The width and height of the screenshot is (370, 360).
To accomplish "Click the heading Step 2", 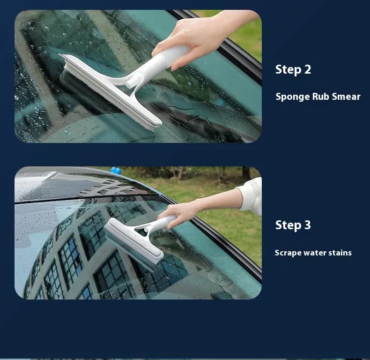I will click(293, 70).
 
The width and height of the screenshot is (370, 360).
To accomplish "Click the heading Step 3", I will click(293, 225).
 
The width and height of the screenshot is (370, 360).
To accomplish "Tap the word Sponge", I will click(292, 97).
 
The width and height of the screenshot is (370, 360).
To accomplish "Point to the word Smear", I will click(347, 97).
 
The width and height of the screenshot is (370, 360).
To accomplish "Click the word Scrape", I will click(288, 253).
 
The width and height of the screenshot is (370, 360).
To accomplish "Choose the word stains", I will click(340, 253).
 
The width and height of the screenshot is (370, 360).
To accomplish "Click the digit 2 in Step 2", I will click(307, 70).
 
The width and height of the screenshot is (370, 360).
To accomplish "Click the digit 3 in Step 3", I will click(307, 225).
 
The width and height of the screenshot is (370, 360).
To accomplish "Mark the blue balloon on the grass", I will click(115, 171).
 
